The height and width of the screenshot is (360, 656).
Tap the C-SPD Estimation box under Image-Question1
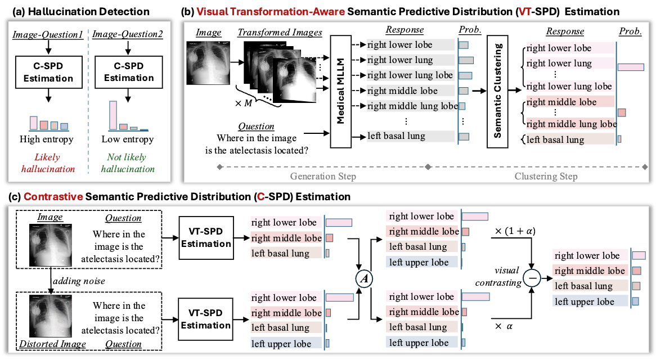48,73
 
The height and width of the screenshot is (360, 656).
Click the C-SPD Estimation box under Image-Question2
128,73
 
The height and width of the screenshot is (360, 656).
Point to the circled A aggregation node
364,278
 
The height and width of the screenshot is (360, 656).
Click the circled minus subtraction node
532,278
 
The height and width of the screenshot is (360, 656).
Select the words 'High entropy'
47,139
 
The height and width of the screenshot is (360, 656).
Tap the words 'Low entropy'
128,139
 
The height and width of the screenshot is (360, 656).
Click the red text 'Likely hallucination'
48,163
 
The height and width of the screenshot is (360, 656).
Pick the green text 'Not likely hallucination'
128,163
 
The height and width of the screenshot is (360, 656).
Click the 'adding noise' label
79,281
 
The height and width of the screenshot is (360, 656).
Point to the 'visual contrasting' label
498,276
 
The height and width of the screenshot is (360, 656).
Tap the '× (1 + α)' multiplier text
515,231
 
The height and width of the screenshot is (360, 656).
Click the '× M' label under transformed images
244,103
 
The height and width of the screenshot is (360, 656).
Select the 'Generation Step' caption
323,177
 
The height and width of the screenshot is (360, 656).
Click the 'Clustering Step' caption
546,177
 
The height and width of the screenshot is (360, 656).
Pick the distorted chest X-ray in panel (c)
50,316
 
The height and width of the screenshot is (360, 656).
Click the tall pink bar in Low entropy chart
113,115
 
